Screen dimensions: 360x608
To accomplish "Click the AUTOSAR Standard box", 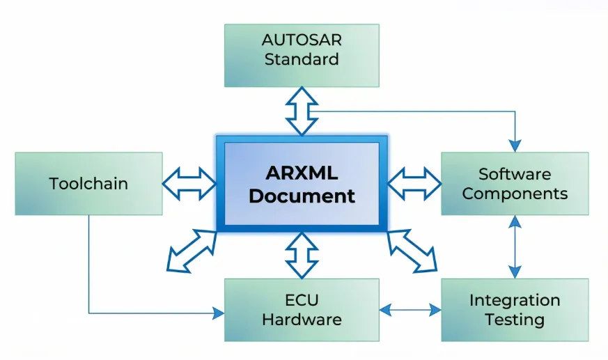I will (301, 56).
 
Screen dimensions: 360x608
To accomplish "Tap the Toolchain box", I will (88, 184).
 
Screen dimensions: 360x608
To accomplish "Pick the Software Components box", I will (515, 184).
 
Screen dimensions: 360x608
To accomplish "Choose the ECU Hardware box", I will (301, 310).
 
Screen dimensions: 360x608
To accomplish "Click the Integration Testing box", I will (515, 310).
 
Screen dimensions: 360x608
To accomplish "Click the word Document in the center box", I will (302, 196).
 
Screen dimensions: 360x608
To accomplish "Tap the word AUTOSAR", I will (301, 40).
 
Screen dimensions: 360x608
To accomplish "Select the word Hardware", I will (302, 320).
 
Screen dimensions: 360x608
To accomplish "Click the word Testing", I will (515, 320).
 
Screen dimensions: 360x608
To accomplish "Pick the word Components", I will (515, 194).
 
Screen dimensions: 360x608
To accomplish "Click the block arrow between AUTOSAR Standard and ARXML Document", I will (301, 111).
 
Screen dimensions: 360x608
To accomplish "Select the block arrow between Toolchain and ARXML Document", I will (189, 183).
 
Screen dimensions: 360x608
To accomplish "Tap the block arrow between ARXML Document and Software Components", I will (414, 184).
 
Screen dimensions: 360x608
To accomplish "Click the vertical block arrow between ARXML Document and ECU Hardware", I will (301, 254).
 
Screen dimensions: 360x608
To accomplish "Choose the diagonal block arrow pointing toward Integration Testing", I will (412, 250).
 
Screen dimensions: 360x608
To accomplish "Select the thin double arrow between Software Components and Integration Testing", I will (515, 246).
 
